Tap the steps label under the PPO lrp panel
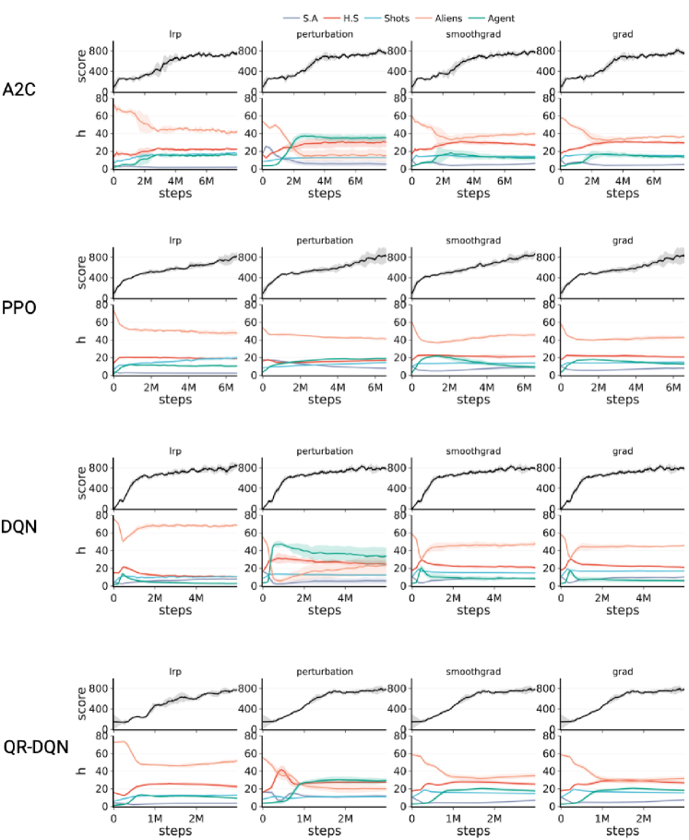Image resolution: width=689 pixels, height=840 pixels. (x=174, y=400)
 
